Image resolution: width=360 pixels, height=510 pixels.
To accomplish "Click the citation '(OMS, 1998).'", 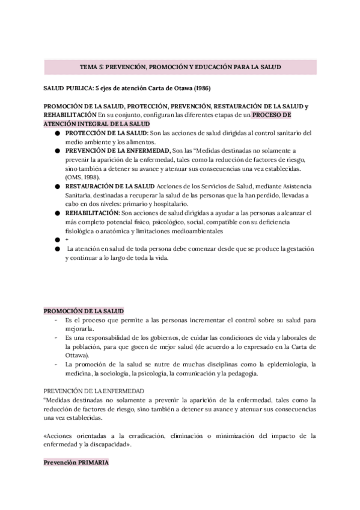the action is (x=82, y=178).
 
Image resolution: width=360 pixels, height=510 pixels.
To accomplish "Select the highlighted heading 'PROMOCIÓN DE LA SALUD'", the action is (x=84, y=311).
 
